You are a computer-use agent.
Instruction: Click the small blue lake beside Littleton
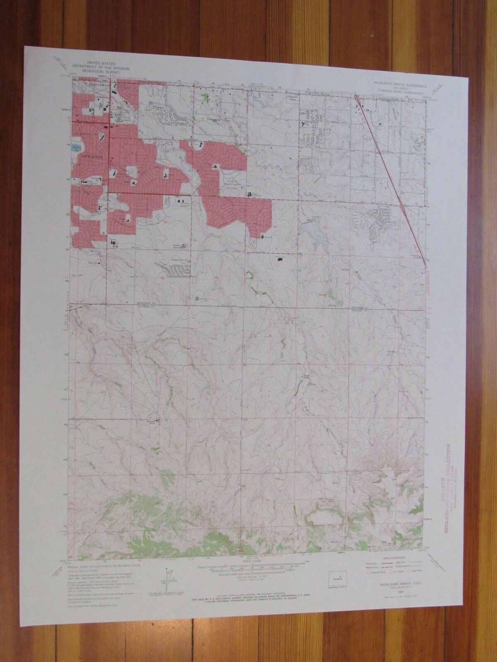tap(75, 147)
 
